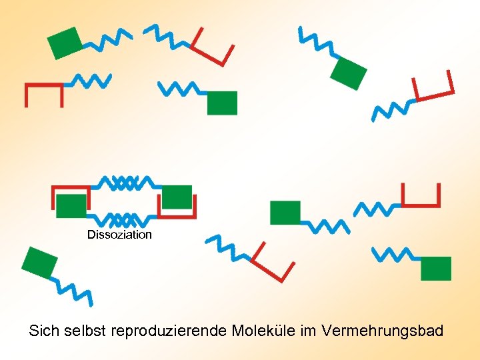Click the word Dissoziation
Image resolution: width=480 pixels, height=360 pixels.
point(119,235)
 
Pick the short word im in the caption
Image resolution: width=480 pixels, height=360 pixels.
point(307,331)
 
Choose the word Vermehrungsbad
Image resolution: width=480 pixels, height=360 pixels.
point(382,331)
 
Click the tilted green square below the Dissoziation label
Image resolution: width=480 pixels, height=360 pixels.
point(40,262)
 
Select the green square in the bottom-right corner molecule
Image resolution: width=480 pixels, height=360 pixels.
point(436,268)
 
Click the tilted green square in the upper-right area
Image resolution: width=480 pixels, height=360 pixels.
point(349,73)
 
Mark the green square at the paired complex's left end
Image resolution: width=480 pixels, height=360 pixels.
point(71,207)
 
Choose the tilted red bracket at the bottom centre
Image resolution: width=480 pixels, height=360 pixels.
point(272,266)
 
